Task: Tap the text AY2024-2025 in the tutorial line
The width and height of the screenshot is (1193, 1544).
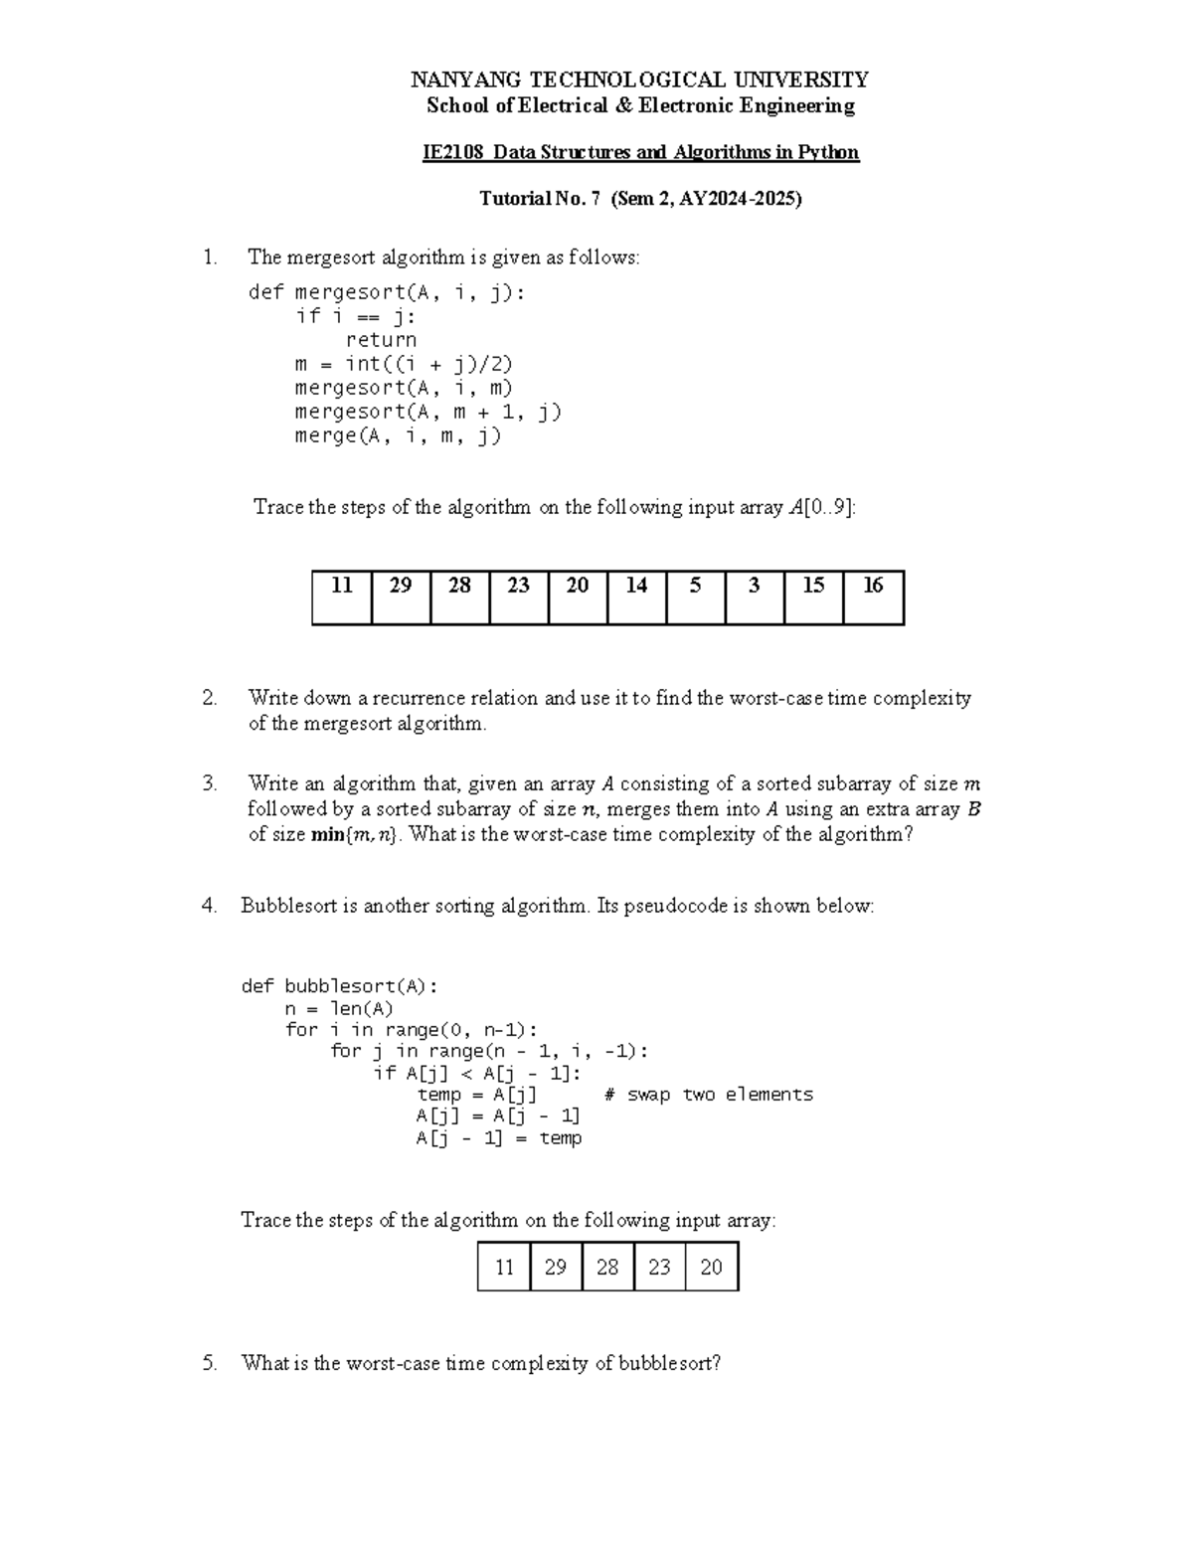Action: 738,199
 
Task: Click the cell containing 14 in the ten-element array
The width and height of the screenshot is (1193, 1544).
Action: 636,597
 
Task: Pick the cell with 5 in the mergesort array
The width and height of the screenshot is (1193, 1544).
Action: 695,597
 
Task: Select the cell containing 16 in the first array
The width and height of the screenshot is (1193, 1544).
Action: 873,597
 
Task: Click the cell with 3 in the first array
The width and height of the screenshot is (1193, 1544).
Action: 755,597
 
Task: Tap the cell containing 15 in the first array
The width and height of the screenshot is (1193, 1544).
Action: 813,597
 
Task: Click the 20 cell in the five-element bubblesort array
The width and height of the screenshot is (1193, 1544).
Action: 711,1267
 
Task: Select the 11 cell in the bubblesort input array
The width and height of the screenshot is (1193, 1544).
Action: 504,1267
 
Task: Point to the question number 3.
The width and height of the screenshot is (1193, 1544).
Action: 209,783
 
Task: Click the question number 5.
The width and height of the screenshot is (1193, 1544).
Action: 209,1363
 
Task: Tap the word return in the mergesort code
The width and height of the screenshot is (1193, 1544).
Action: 381,340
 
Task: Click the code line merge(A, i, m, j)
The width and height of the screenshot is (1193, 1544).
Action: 398,435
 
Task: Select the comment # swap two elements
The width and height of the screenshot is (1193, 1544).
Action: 708,1095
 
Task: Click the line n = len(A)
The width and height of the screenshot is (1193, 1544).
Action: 339,1008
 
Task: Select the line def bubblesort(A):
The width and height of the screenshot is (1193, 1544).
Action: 339,986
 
